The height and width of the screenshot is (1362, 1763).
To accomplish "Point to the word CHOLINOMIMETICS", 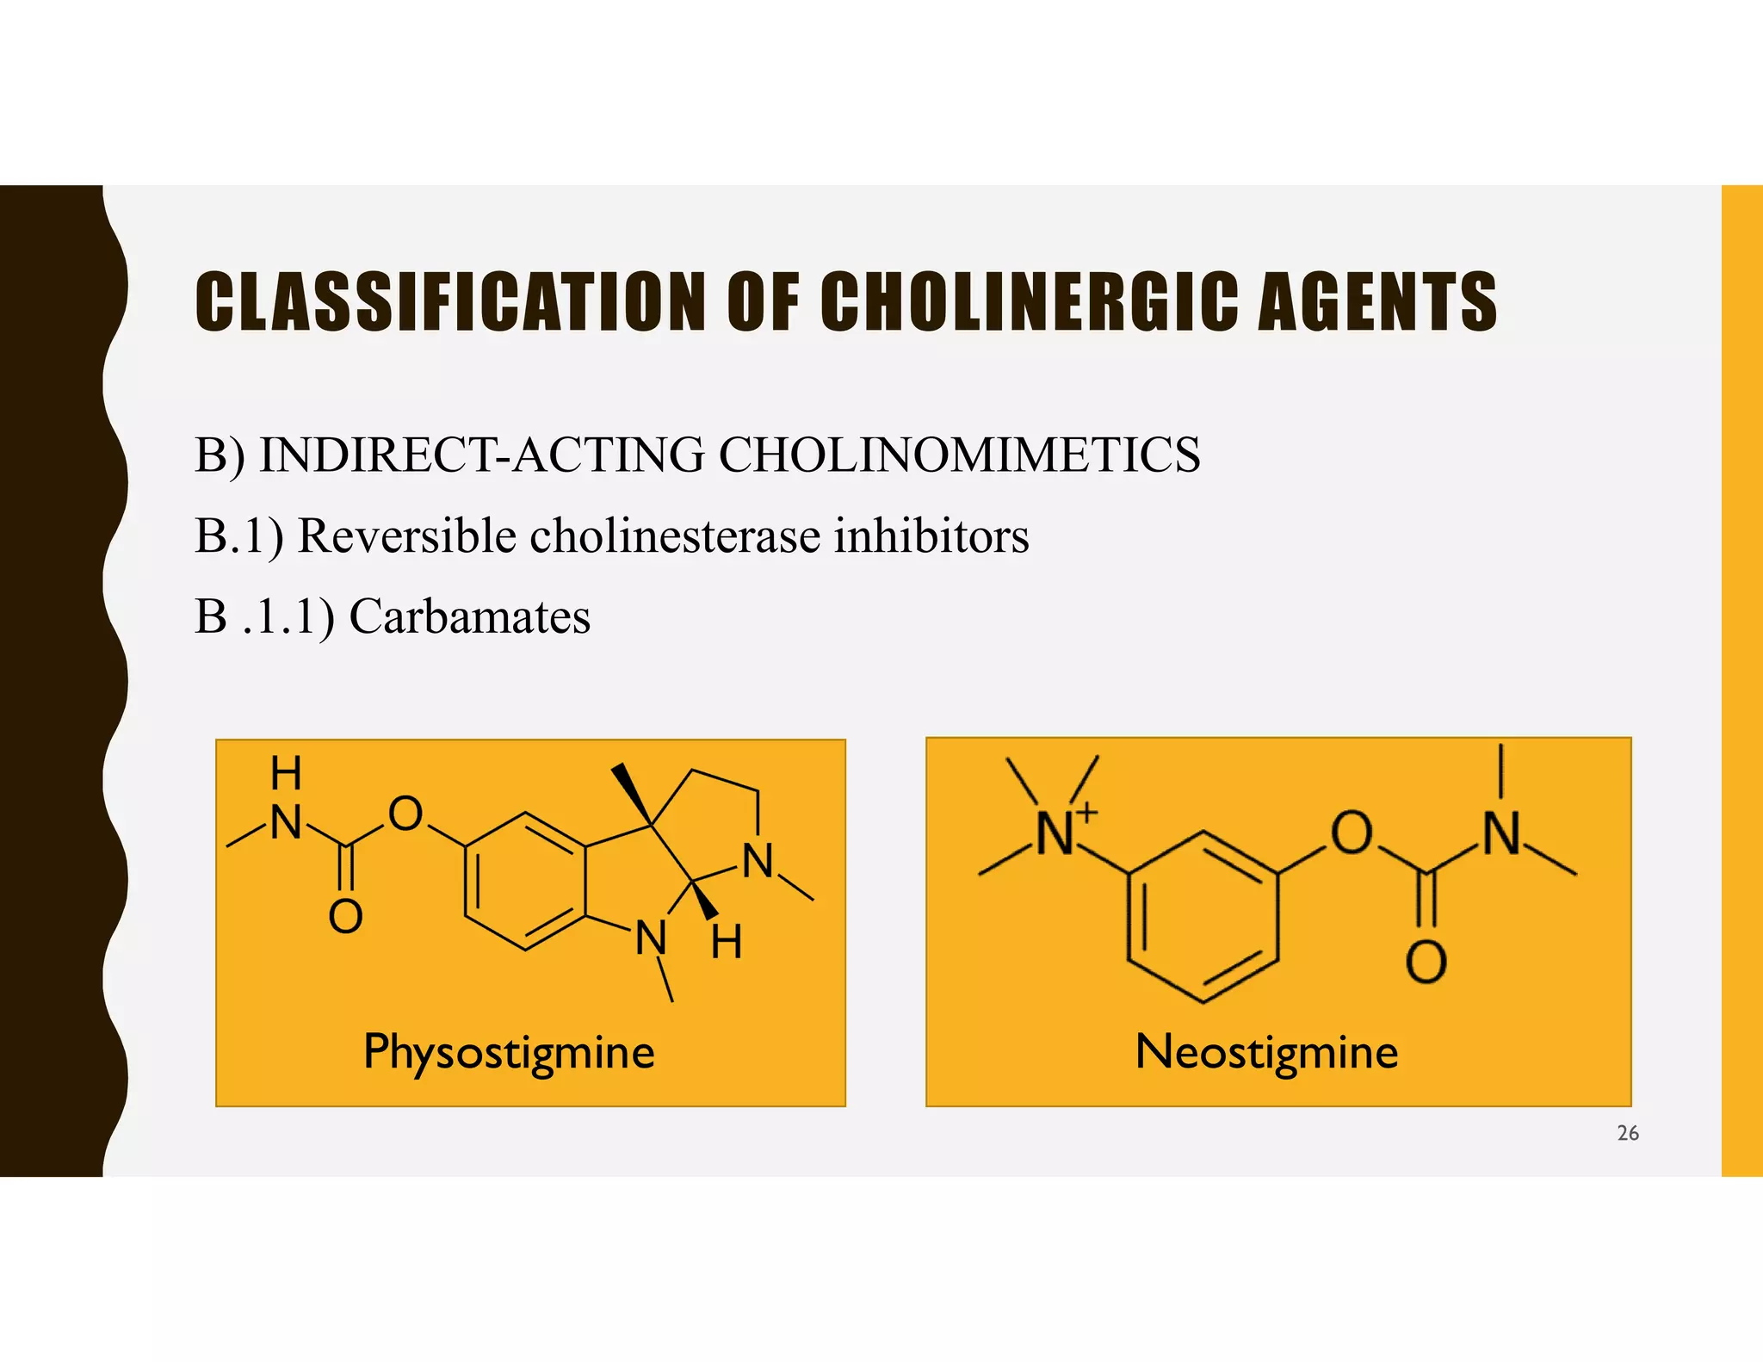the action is [959, 455].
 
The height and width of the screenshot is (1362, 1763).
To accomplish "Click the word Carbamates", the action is [470, 616].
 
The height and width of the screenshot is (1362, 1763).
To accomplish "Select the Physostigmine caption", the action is [509, 1053].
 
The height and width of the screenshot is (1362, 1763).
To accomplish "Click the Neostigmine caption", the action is [1266, 1052].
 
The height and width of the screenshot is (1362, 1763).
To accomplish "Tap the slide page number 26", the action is [1628, 1133].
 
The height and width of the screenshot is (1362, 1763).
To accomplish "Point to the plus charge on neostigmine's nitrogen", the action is [1088, 811].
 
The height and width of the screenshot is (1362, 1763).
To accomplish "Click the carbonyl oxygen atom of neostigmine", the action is [1426, 962].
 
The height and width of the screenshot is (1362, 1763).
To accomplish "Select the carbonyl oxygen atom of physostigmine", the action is [345, 916].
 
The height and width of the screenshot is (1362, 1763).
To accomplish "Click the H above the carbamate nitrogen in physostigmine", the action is [287, 773].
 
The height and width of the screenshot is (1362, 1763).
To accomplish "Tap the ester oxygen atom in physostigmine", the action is [405, 814].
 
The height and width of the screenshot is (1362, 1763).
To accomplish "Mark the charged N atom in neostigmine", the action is [1056, 833].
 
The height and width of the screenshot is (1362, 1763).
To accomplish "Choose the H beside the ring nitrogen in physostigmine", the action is [727, 942].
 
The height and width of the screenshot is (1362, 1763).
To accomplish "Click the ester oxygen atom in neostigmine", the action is [1352, 833].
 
